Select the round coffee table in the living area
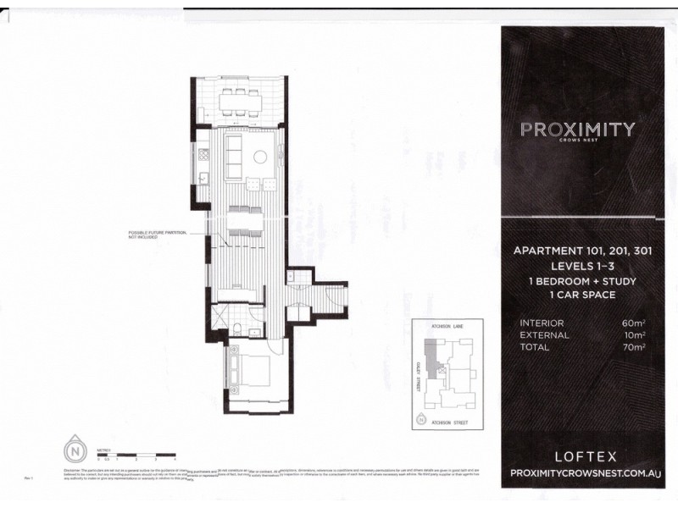262,156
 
